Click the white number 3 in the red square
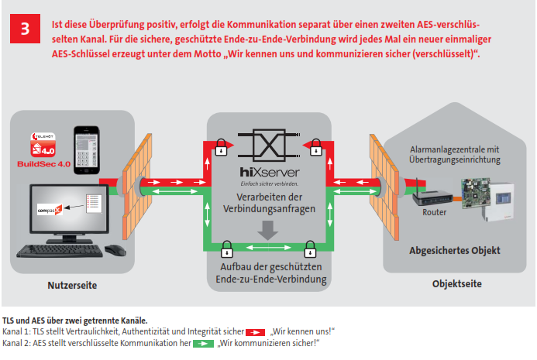pos(26,30)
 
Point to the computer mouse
pos(114,249)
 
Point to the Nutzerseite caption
pos(71,286)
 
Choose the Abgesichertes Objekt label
pos(454,250)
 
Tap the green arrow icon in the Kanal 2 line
pos(203,342)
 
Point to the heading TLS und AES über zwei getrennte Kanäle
pos(74,319)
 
